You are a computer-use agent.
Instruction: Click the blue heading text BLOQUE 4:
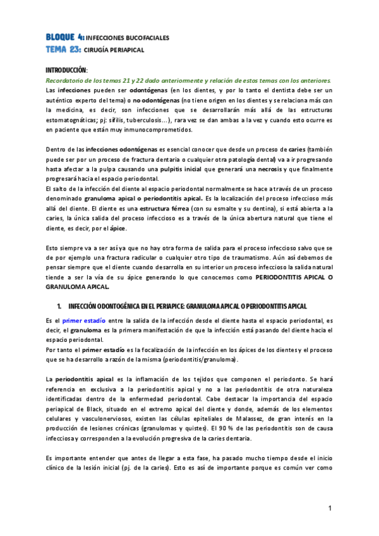coord(64,37)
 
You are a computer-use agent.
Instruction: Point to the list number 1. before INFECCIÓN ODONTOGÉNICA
coord(59,306)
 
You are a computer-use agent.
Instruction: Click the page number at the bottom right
coord(330,508)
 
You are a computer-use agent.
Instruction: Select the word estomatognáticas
coord(76,120)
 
